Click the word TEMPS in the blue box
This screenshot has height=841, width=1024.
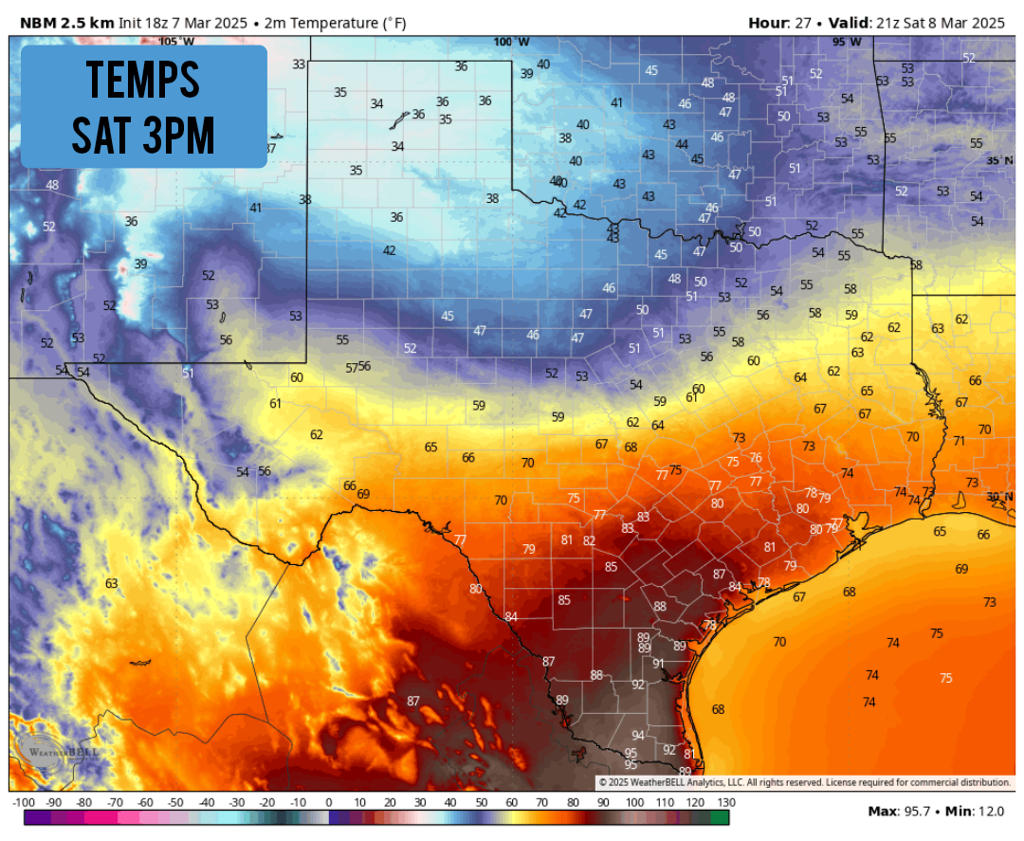pos(144,80)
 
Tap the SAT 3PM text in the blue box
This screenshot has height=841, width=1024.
pos(144,135)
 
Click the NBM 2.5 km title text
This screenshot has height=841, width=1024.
pos(61,21)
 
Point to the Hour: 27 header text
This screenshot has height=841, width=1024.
pos(783,21)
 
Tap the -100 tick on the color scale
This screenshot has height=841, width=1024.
pos(24,803)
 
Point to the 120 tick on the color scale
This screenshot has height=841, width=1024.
pos(697,803)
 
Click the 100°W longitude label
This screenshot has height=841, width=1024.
pos(511,42)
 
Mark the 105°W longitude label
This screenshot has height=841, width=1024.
pos(175,41)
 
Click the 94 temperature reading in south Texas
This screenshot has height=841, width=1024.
pos(638,736)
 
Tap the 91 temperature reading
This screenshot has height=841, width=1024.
pos(659,664)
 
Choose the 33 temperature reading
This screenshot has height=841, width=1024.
pos(300,64)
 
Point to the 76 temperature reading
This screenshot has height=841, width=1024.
pos(756,458)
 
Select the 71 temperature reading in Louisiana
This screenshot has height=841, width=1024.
pos(959,441)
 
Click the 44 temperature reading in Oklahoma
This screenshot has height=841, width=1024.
pos(682,144)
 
